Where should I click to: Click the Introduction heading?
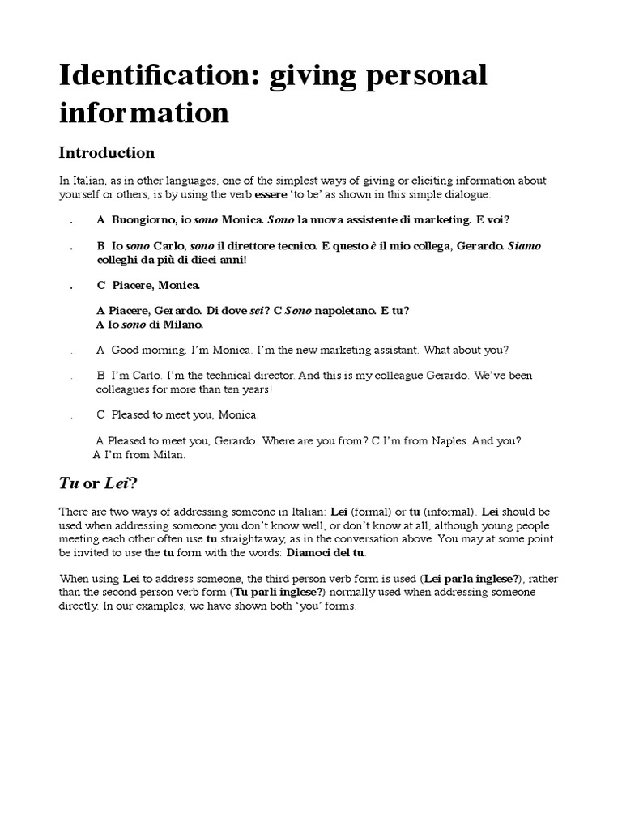(x=106, y=152)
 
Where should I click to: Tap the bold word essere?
(x=271, y=196)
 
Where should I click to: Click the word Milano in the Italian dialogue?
(x=182, y=325)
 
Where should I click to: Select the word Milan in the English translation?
(x=169, y=455)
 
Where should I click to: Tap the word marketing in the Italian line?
(x=441, y=220)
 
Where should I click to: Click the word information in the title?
(x=144, y=113)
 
